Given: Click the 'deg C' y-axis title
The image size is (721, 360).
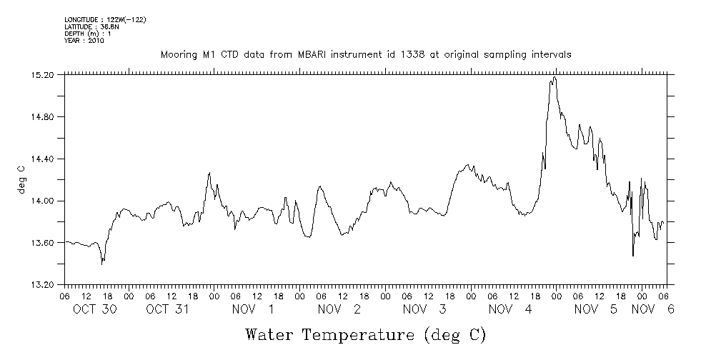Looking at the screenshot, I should coord(21,179).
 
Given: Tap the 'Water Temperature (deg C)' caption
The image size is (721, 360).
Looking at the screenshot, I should coord(365,334).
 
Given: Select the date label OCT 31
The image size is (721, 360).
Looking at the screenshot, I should coord(166,309).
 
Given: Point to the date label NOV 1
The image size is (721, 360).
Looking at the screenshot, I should coord(253,309).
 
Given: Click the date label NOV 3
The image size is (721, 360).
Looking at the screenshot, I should coord(424,309).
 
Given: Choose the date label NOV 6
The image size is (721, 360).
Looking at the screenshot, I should coord(653,309).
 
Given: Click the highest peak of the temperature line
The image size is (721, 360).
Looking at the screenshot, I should coord(554,77).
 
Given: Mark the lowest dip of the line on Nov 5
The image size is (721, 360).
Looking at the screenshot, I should coord(633,256).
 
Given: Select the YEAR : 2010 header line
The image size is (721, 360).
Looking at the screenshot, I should coord(84,41).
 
